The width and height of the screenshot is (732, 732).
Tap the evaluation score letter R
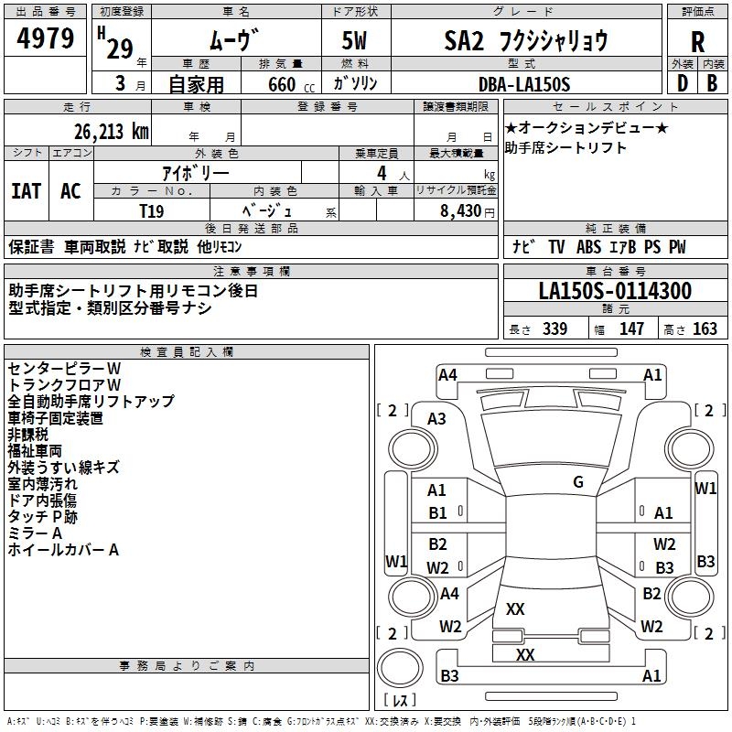pyautogui.click(x=697, y=42)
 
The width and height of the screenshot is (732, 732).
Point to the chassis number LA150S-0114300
pyautogui.click(x=615, y=291)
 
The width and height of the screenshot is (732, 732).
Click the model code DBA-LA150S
pyautogui.click(x=523, y=84)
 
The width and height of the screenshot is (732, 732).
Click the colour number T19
pyautogui.click(x=152, y=210)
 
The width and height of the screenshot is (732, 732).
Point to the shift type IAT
pyautogui.click(x=26, y=190)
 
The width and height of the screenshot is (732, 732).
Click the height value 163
pyautogui.click(x=705, y=329)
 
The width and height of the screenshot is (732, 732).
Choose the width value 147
pyautogui.click(x=631, y=329)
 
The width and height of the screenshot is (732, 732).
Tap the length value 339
pyautogui.click(x=554, y=329)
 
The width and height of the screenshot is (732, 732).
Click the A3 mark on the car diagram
pyautogui.click(x=437, y=419)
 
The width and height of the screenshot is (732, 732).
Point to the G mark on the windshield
pyautogui.click(x=578, y=482)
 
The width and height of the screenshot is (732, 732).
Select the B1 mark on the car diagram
pyautogui.click(x=438, y=513)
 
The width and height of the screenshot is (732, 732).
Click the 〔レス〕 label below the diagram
pyautogui.click(x=398, y=701)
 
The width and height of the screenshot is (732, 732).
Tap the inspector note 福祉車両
pyautogui.click(x=35, y=450)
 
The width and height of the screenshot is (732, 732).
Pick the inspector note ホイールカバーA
pyautogui.click(x=63, y=550)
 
